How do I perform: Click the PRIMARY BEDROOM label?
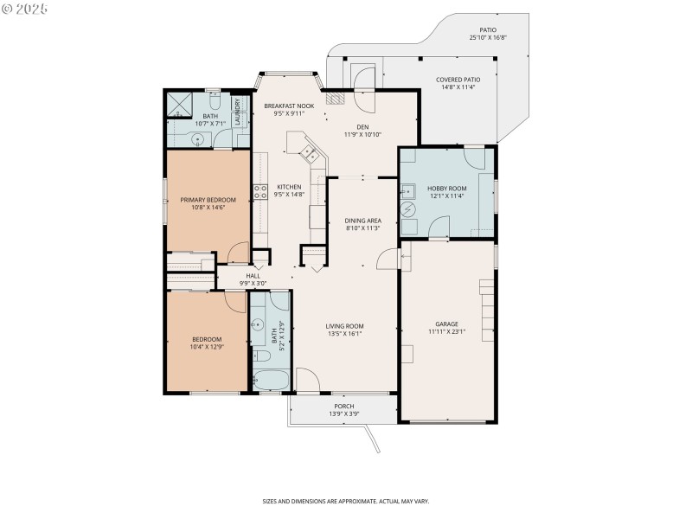tap(208, 200)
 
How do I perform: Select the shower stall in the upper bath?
tap(182, 104)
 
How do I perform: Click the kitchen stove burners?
tap(258, 192)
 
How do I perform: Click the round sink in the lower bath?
tap(257, 326)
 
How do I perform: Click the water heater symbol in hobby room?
tap(409, 210)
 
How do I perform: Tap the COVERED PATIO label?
tap(458, 80)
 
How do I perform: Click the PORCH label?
tap(344, 406)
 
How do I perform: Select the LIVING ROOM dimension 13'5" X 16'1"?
tap(343, 333)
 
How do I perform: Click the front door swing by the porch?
tap(307, 379)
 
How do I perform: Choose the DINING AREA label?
tap(363, 221)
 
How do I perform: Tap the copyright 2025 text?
tap(25, 9)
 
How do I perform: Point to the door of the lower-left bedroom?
tap(235, 300)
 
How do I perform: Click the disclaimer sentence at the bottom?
tap(346, 501)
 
